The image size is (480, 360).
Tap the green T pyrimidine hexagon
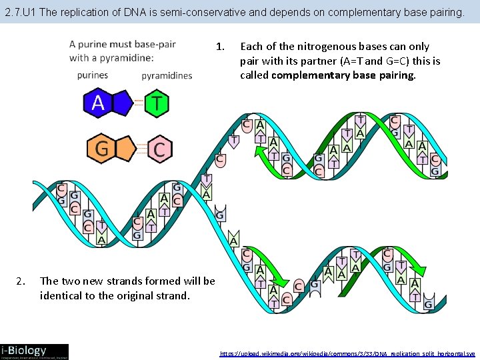coord(157,103)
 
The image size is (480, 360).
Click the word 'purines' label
coord(92,75)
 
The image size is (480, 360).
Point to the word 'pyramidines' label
coord(167,75)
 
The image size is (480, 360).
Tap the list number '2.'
coord(21,281)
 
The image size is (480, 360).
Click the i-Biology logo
coord(34,351)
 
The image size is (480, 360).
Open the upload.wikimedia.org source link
coord(347,353)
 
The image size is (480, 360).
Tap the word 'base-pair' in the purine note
coord(155,44)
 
